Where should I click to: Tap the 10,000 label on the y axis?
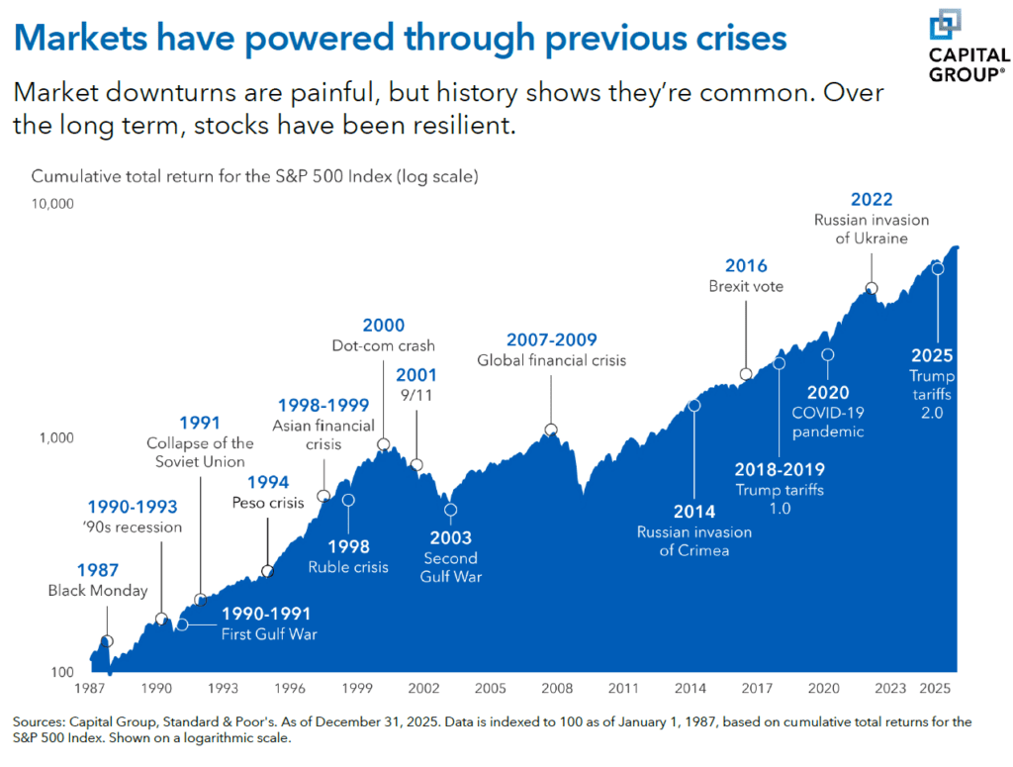coord(53,204)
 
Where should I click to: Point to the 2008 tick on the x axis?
coord(557,688)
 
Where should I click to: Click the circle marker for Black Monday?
coord(107,641)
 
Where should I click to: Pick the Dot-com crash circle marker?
coord(384,444)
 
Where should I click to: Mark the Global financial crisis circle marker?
coord(551,430)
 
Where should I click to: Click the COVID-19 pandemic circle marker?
coord(827,354)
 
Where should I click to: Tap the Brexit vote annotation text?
coord(745,287)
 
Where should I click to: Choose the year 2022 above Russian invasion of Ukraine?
coord(872,199)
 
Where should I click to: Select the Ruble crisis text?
coord(348,568)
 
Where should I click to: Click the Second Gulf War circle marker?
coord(451,511)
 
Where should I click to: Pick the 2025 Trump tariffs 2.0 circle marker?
coord(938,268)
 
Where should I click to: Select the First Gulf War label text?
coord(268,634)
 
